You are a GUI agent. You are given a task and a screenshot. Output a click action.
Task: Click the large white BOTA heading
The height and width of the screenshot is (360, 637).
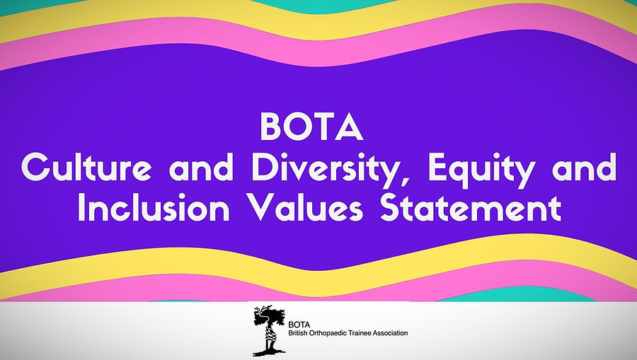(x=311, y=127)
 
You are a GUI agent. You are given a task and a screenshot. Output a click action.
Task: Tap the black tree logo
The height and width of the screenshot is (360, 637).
(x=268, y=330)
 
